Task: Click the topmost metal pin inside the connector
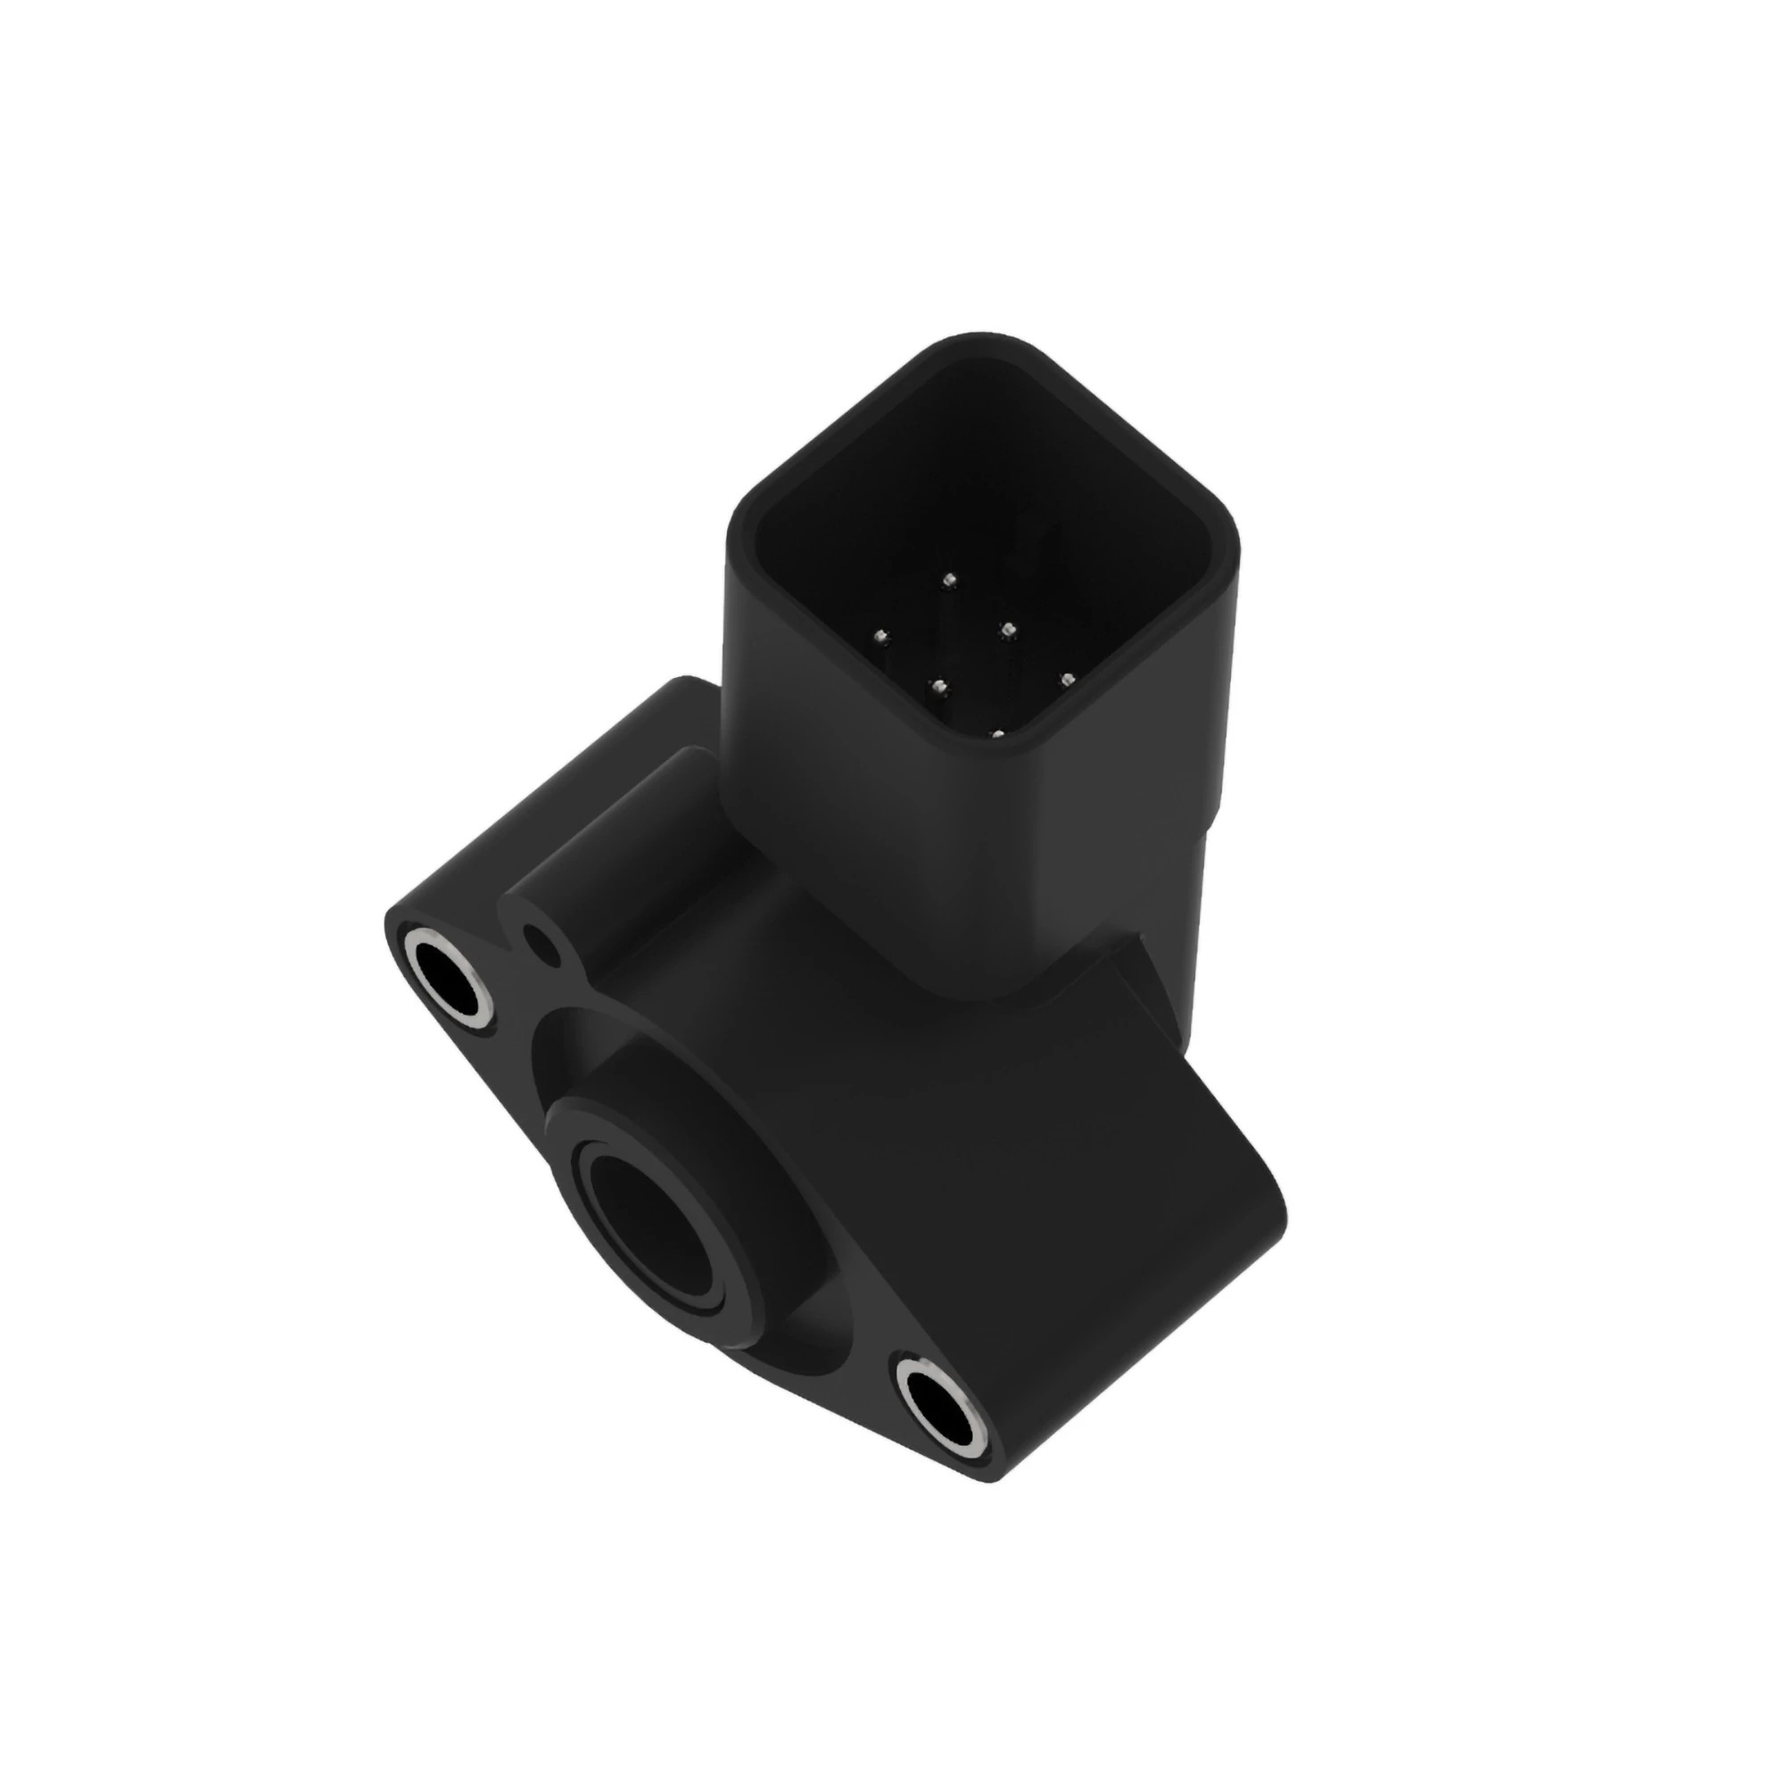tap(948, 580)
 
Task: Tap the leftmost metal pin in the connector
tap(880, 635)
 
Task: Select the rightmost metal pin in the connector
tap(1069, 681)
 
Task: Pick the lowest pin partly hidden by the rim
tap(996, 735)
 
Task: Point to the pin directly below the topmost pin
tap(1007, 631)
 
